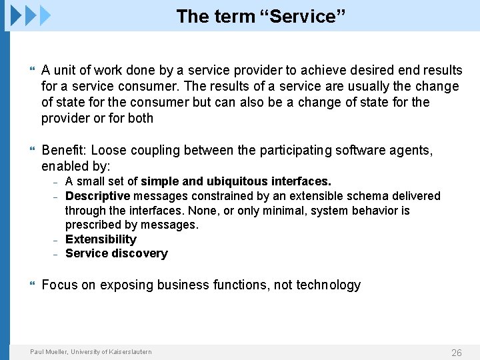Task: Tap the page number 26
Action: tap(456, 353)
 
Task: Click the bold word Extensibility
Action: tap(101, 239)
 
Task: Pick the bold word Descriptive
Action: tap(97, 196)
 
